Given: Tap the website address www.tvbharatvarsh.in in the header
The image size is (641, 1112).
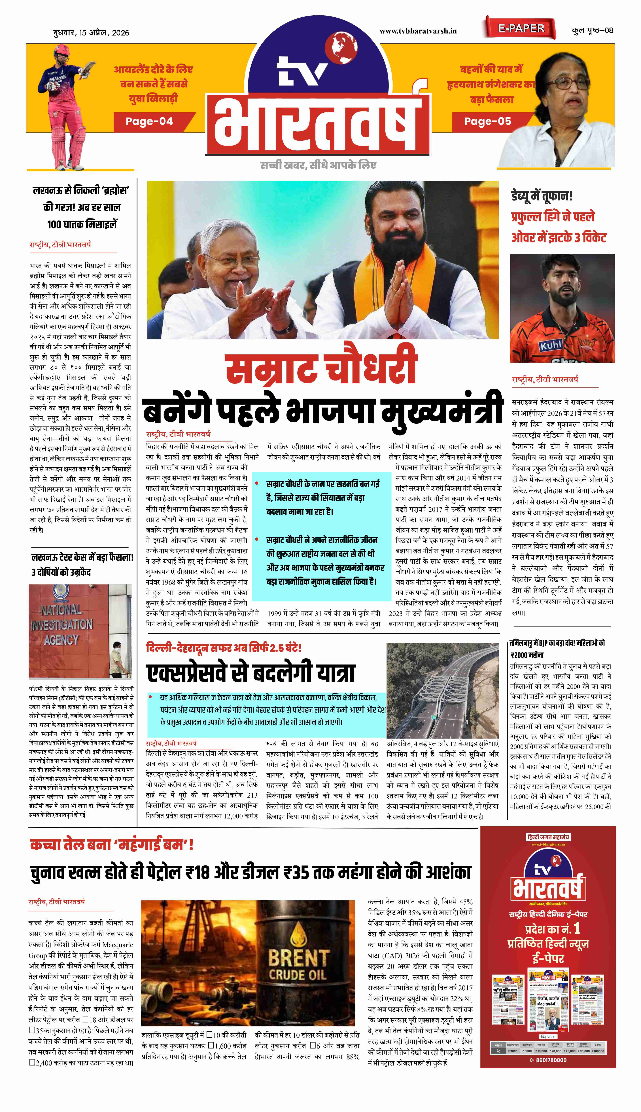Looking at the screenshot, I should [418, 31].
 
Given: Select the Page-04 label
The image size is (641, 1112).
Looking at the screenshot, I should [149, 121].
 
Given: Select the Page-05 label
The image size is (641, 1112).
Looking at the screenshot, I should [488, 121].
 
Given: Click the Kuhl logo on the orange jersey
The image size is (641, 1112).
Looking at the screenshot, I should [551, 345].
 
